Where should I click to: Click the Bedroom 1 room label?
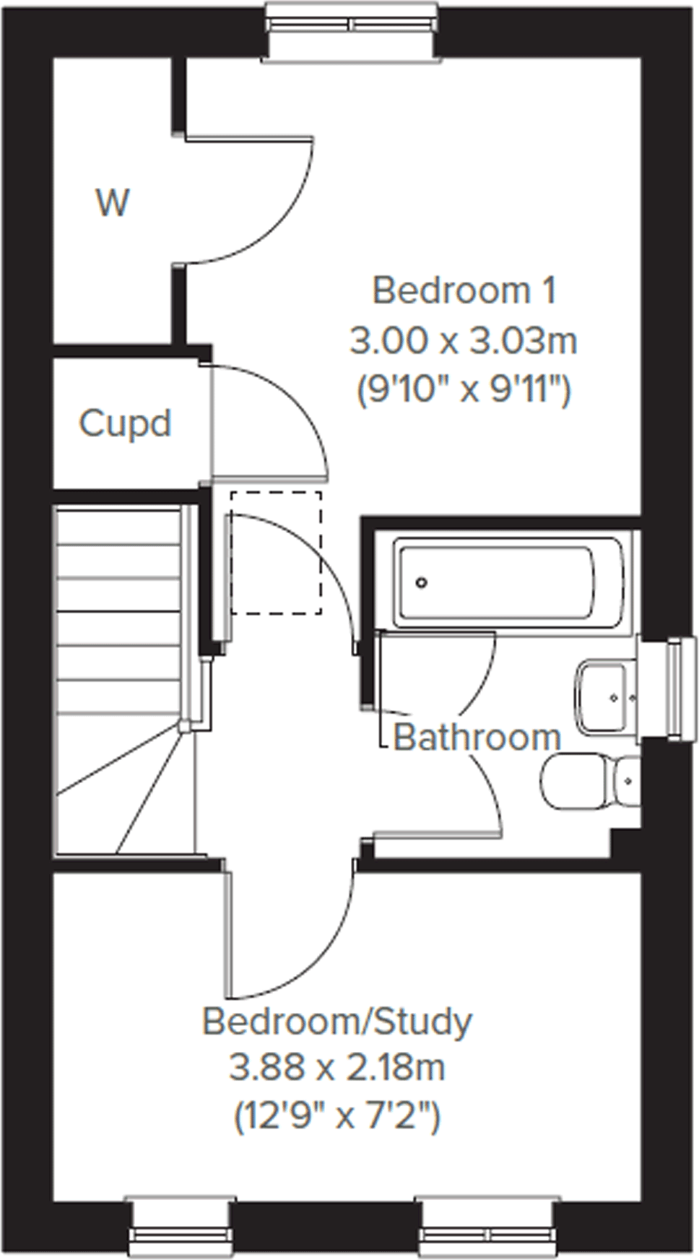point(464,291)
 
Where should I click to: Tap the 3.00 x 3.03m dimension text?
point(464,340)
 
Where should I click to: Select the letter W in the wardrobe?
point(113,203)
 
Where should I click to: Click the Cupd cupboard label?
point(125,423)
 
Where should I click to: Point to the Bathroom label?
point(477,738)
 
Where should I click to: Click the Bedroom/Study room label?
point(337,1022)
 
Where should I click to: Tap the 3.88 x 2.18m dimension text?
point(337,1068)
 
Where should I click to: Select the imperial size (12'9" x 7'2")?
point(337,1117)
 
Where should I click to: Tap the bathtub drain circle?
point(422,582)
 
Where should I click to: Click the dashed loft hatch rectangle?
point(276,553)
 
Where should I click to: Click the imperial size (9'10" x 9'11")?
point(464,391)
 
